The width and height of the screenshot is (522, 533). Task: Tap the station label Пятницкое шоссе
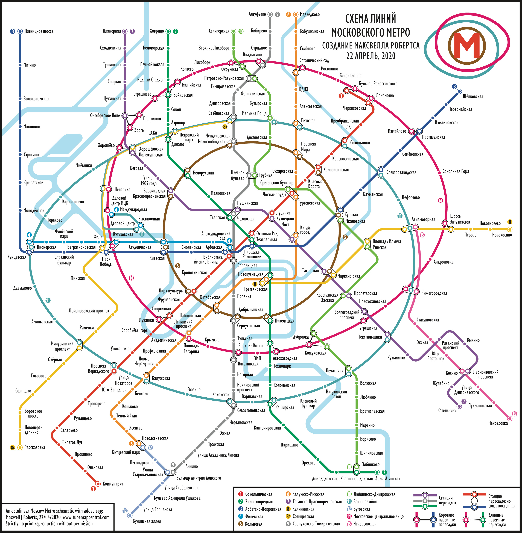pyautogui.click(x=39, y=31)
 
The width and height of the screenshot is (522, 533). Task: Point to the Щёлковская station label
pyautogui.click(x=473, y=96)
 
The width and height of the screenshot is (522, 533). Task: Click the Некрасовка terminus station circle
pyautogui.click(x=510, y=418)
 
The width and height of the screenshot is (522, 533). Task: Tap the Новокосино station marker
pyautogui.click(x=510, y=229)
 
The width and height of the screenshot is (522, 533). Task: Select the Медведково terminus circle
pyautogui.click(x=296, y=14)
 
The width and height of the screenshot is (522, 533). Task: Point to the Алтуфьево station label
pyautogui.click(x=257, y=14)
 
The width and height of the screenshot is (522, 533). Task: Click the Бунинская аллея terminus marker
pyautogui.click(x=130, y=516)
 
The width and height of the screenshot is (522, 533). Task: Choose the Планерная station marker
pyautogui.click(x=125, y=31)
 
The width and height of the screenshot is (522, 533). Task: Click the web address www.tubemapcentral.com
pyautogui.click(x=86, y=517)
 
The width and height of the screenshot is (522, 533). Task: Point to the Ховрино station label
pyautogui.click(x=157, y=31)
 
